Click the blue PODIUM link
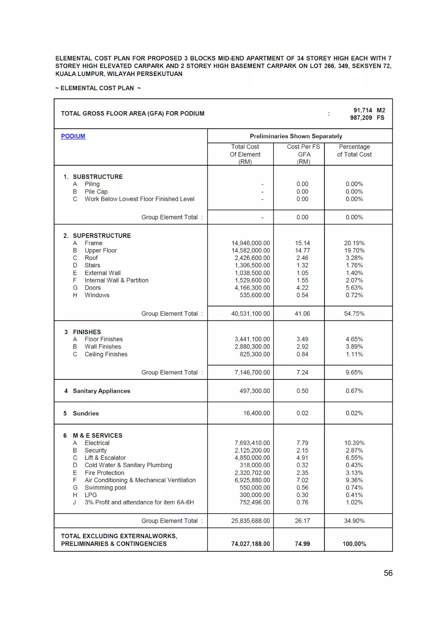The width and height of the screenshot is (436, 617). point(73,136)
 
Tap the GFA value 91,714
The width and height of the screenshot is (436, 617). point(363,110)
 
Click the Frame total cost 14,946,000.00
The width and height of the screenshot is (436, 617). point(251,243)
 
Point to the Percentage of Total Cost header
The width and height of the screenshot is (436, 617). point(354,151)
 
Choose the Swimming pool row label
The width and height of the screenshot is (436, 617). point(105,488)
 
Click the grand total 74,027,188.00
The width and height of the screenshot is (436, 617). point(250,544)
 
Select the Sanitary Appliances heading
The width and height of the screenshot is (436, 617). point(101,391)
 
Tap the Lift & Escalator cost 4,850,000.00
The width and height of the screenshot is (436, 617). point(252,458)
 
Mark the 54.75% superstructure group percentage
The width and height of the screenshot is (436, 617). point(354,314)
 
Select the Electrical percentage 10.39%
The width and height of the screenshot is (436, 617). point(354,443)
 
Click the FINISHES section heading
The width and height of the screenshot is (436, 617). point(87,332)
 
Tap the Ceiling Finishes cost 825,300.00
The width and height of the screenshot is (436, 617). point(255,354)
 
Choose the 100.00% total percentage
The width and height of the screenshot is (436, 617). point(354,544)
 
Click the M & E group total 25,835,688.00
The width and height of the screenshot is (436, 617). point(250,521)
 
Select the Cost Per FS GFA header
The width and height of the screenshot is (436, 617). point(303,154)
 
